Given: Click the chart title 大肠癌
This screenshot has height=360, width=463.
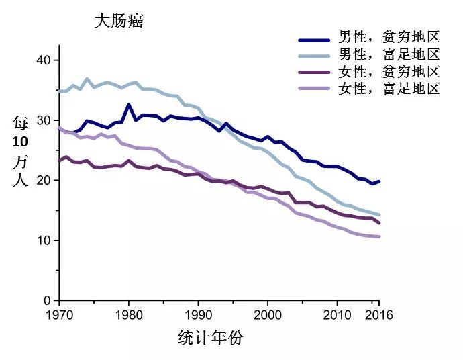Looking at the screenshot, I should (119, 21).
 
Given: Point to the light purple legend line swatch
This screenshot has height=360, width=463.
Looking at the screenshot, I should (315, 89).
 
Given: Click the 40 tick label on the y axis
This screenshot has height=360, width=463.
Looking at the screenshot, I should (44, 60).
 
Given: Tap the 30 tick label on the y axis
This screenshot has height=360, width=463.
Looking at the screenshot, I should (44, 120).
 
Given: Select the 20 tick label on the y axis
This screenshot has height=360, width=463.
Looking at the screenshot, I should (44, 180).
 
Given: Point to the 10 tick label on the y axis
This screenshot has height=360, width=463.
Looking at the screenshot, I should (44, 240).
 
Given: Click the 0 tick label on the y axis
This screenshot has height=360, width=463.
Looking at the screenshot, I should (47, 300).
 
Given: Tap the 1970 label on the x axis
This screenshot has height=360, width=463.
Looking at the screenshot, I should (59, 315).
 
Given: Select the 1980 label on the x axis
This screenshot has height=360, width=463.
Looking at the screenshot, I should (129, 315).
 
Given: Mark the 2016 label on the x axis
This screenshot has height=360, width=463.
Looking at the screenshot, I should (379, 315).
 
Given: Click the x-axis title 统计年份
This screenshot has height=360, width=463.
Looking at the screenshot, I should (211, 338).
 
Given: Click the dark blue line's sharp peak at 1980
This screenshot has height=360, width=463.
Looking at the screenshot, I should (129, 105).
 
